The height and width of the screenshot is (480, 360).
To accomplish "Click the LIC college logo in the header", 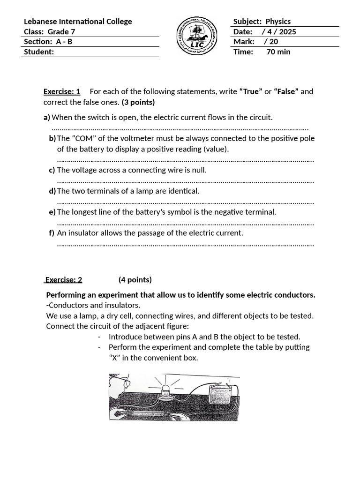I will tap(196, 36).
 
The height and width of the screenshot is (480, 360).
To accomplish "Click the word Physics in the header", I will tap(278, 22).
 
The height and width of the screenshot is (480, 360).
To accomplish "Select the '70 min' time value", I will tap(278, 52).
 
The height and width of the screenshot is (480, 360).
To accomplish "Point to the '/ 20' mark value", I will tap(271, 42).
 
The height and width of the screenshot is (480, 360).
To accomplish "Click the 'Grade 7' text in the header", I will tap(61, 32).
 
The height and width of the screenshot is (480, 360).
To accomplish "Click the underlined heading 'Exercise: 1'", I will tap(62, 91).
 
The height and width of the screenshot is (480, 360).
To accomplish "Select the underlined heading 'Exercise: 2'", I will tap(64, 280).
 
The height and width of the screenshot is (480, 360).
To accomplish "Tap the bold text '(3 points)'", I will tap(138, 102).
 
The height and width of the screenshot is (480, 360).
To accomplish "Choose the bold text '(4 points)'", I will tap(135, 280).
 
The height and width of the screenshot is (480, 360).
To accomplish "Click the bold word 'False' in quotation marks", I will tap(286, 91).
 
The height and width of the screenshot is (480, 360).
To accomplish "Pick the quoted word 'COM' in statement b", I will tap(84, 138).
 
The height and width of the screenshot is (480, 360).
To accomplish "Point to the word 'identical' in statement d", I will tap(183, 191).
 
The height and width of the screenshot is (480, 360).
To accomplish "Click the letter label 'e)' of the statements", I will tap(52, 212).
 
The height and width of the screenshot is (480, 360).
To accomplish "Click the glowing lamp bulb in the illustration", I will tap(165, 390).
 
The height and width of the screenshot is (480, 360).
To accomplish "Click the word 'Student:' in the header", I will tap(39, 52).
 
